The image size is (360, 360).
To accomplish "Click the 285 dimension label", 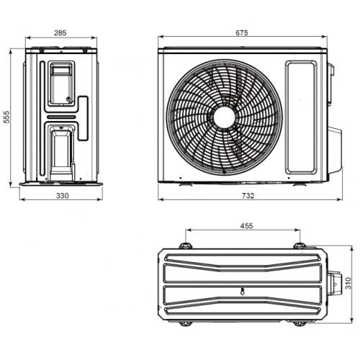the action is tap(60, 33).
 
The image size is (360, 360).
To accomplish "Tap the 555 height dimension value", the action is tap(6, 117).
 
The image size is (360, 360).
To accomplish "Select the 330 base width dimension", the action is tap(63, 196).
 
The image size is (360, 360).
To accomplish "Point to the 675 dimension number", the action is tap(242, 33).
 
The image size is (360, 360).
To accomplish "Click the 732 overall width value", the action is tap(248, 196).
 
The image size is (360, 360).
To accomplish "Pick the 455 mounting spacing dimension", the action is tap(247, 226).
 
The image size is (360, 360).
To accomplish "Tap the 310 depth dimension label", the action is tap(348, 283).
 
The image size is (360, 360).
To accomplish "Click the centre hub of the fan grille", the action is tap(224, 117).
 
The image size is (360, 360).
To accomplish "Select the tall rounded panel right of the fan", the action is tap(301, 117).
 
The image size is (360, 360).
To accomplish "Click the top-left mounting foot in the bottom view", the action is tap(186, 246).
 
